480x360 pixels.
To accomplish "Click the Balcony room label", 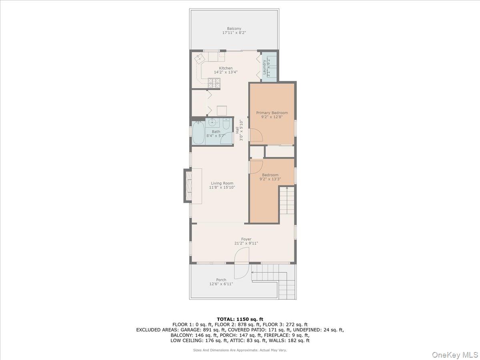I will pos(234,28).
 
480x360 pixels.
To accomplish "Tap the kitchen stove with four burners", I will pos(214,82).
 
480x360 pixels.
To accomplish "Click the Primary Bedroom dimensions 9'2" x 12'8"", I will pos(272,117).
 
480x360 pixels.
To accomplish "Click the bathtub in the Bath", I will pos(198,133).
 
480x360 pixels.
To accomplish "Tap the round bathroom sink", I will pos(213,122).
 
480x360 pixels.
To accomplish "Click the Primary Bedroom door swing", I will pos(256,135).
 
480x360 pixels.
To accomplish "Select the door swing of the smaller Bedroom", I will pos(256,166).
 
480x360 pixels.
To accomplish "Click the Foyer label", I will pos(246,239).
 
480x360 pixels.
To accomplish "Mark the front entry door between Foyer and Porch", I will pos(242,263).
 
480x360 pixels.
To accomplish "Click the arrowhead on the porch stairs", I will pos(252,272).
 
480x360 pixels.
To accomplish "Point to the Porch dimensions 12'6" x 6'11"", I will pos(221,284).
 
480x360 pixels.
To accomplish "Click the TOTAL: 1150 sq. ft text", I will pos(240,319).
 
